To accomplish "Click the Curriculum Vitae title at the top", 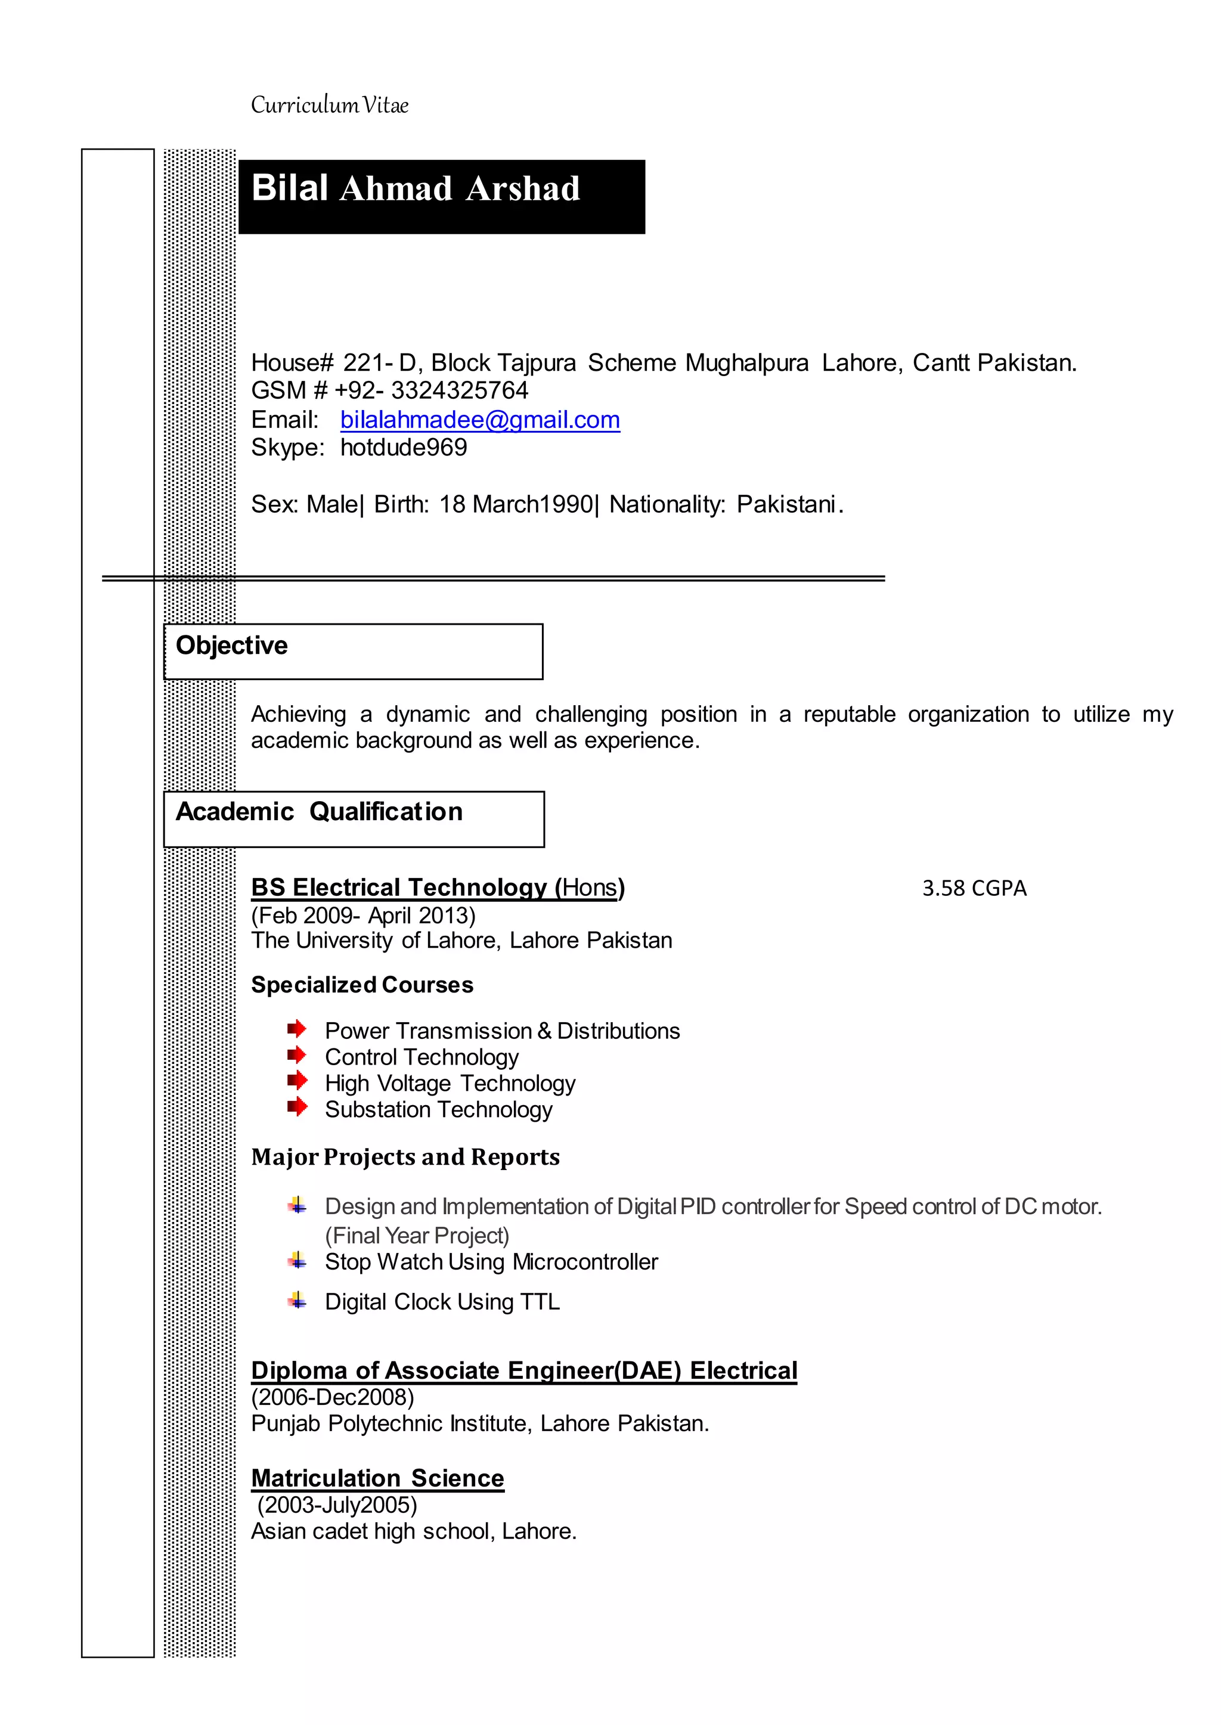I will [x=329, y=106].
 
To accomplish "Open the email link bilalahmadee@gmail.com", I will [x=480, y=420].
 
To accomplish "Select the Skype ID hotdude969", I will [x=404, y=447].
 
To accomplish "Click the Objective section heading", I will [x=231, y=646].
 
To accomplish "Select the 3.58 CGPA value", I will [x=974, y=889].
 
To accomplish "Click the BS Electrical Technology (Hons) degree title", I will [x=438, y=888].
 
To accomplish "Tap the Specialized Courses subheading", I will [x=362, y=985].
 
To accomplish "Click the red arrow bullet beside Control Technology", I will [x=297, y=1054].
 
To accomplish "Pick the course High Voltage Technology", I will [x=450, y=1083].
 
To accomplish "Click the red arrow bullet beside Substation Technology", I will [x=297, y=1106].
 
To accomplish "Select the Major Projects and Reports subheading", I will [x=405, y=1157].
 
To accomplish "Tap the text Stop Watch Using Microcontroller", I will [x=491, y=1262].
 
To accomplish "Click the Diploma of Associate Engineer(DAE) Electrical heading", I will [x=523, y=1370].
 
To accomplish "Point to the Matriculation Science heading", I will [x=377, y=1478].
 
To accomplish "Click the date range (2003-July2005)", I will [x=337, y=1505].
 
